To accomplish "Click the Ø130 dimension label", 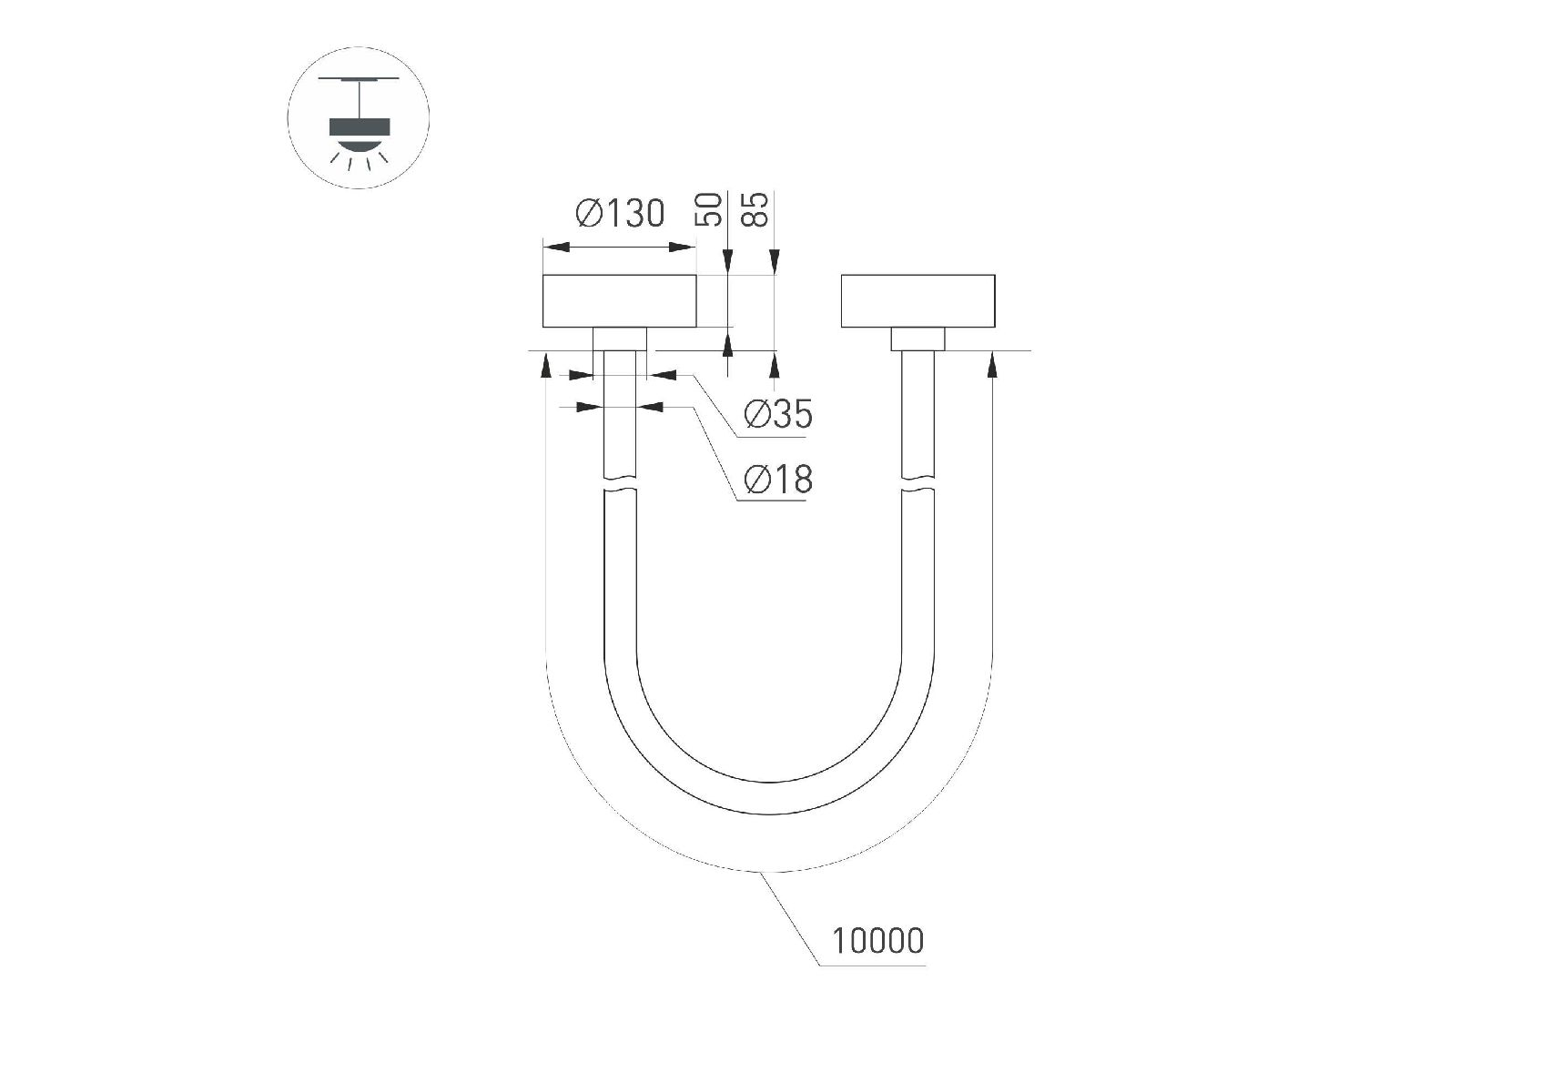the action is [620, 213].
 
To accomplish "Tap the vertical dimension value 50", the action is [709, 210].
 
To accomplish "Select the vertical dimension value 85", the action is [755, 210].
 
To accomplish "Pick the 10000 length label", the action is [878, 941].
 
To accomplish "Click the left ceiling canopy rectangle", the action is [620, 301].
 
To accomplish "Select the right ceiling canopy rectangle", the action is [917, 301].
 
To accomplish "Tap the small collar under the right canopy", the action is [917, 339].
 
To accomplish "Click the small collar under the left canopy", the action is [620, 339].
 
